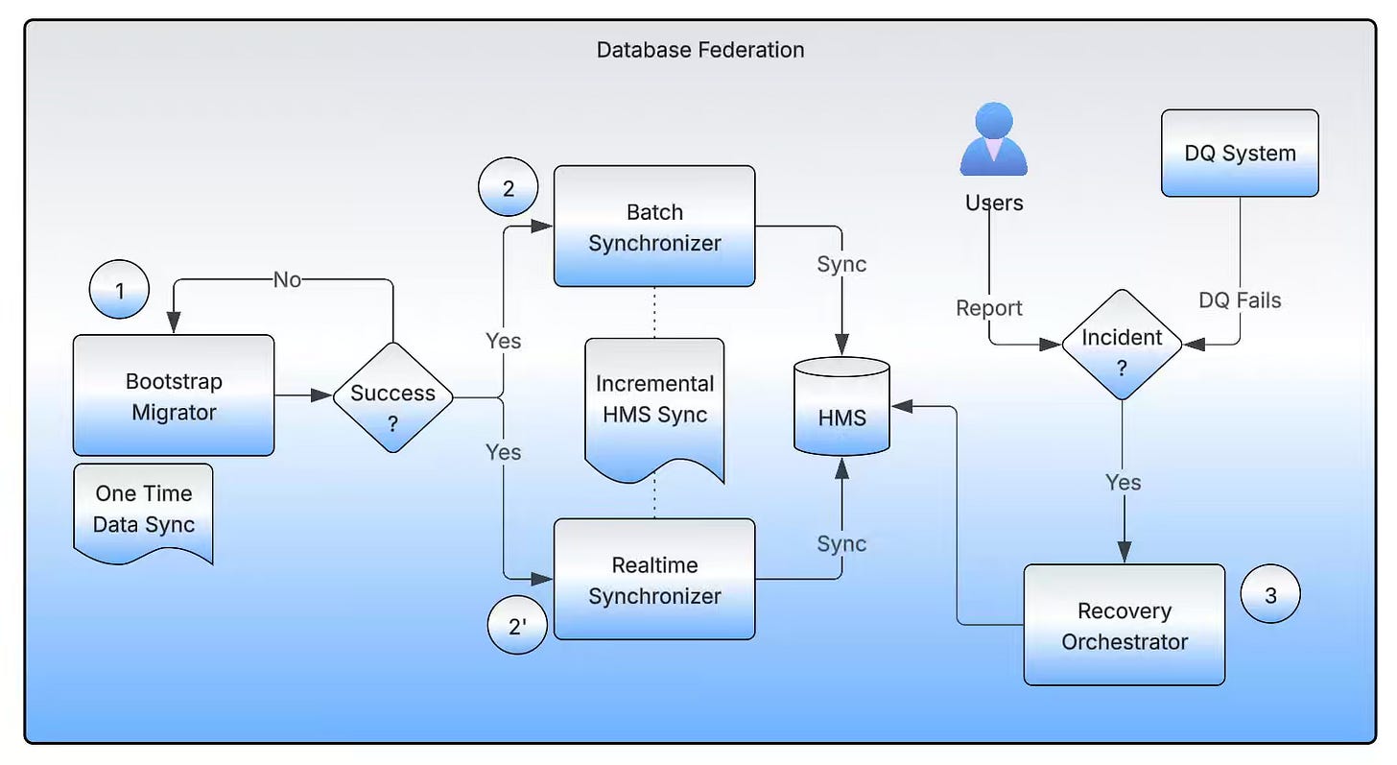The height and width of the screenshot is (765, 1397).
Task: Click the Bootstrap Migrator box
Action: pyautogui.click(x=174, y=395)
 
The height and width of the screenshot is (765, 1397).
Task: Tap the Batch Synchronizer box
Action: pyautogui.click(x=654, y=227)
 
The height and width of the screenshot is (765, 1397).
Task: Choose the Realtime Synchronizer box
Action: pyautogui.click(x=654, y=580)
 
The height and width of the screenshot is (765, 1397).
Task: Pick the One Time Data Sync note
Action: pyautogui.click(x=143, y=510)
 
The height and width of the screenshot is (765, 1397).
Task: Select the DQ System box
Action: pyautogui.click(x=1240, y=154)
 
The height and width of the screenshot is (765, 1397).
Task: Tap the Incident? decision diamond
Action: pyautogui.click(x=1122, y=345)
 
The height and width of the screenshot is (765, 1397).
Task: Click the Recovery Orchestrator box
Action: pyautogui.click(x=1125, y=625)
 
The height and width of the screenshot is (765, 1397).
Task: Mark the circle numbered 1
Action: pyautogui.click(x=120, y=289)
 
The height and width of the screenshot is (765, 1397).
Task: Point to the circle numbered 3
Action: pyautogui.click(x=1270, y=595)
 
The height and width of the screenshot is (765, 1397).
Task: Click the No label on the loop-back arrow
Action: pyautogui.click(x=287, y=279)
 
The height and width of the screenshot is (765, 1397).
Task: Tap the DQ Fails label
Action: pyautogui.click(x=1240, y=300)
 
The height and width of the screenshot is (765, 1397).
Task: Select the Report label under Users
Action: pyautogui.click(x=989, y=308)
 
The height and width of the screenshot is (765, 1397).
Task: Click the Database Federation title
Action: pyautogui.click(x=700, y=50)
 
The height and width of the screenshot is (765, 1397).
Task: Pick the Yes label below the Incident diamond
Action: pyautogui.click(x=1123, y=482)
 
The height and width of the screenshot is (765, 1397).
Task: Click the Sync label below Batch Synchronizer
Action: pyautogui.click(x=841, y=265)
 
